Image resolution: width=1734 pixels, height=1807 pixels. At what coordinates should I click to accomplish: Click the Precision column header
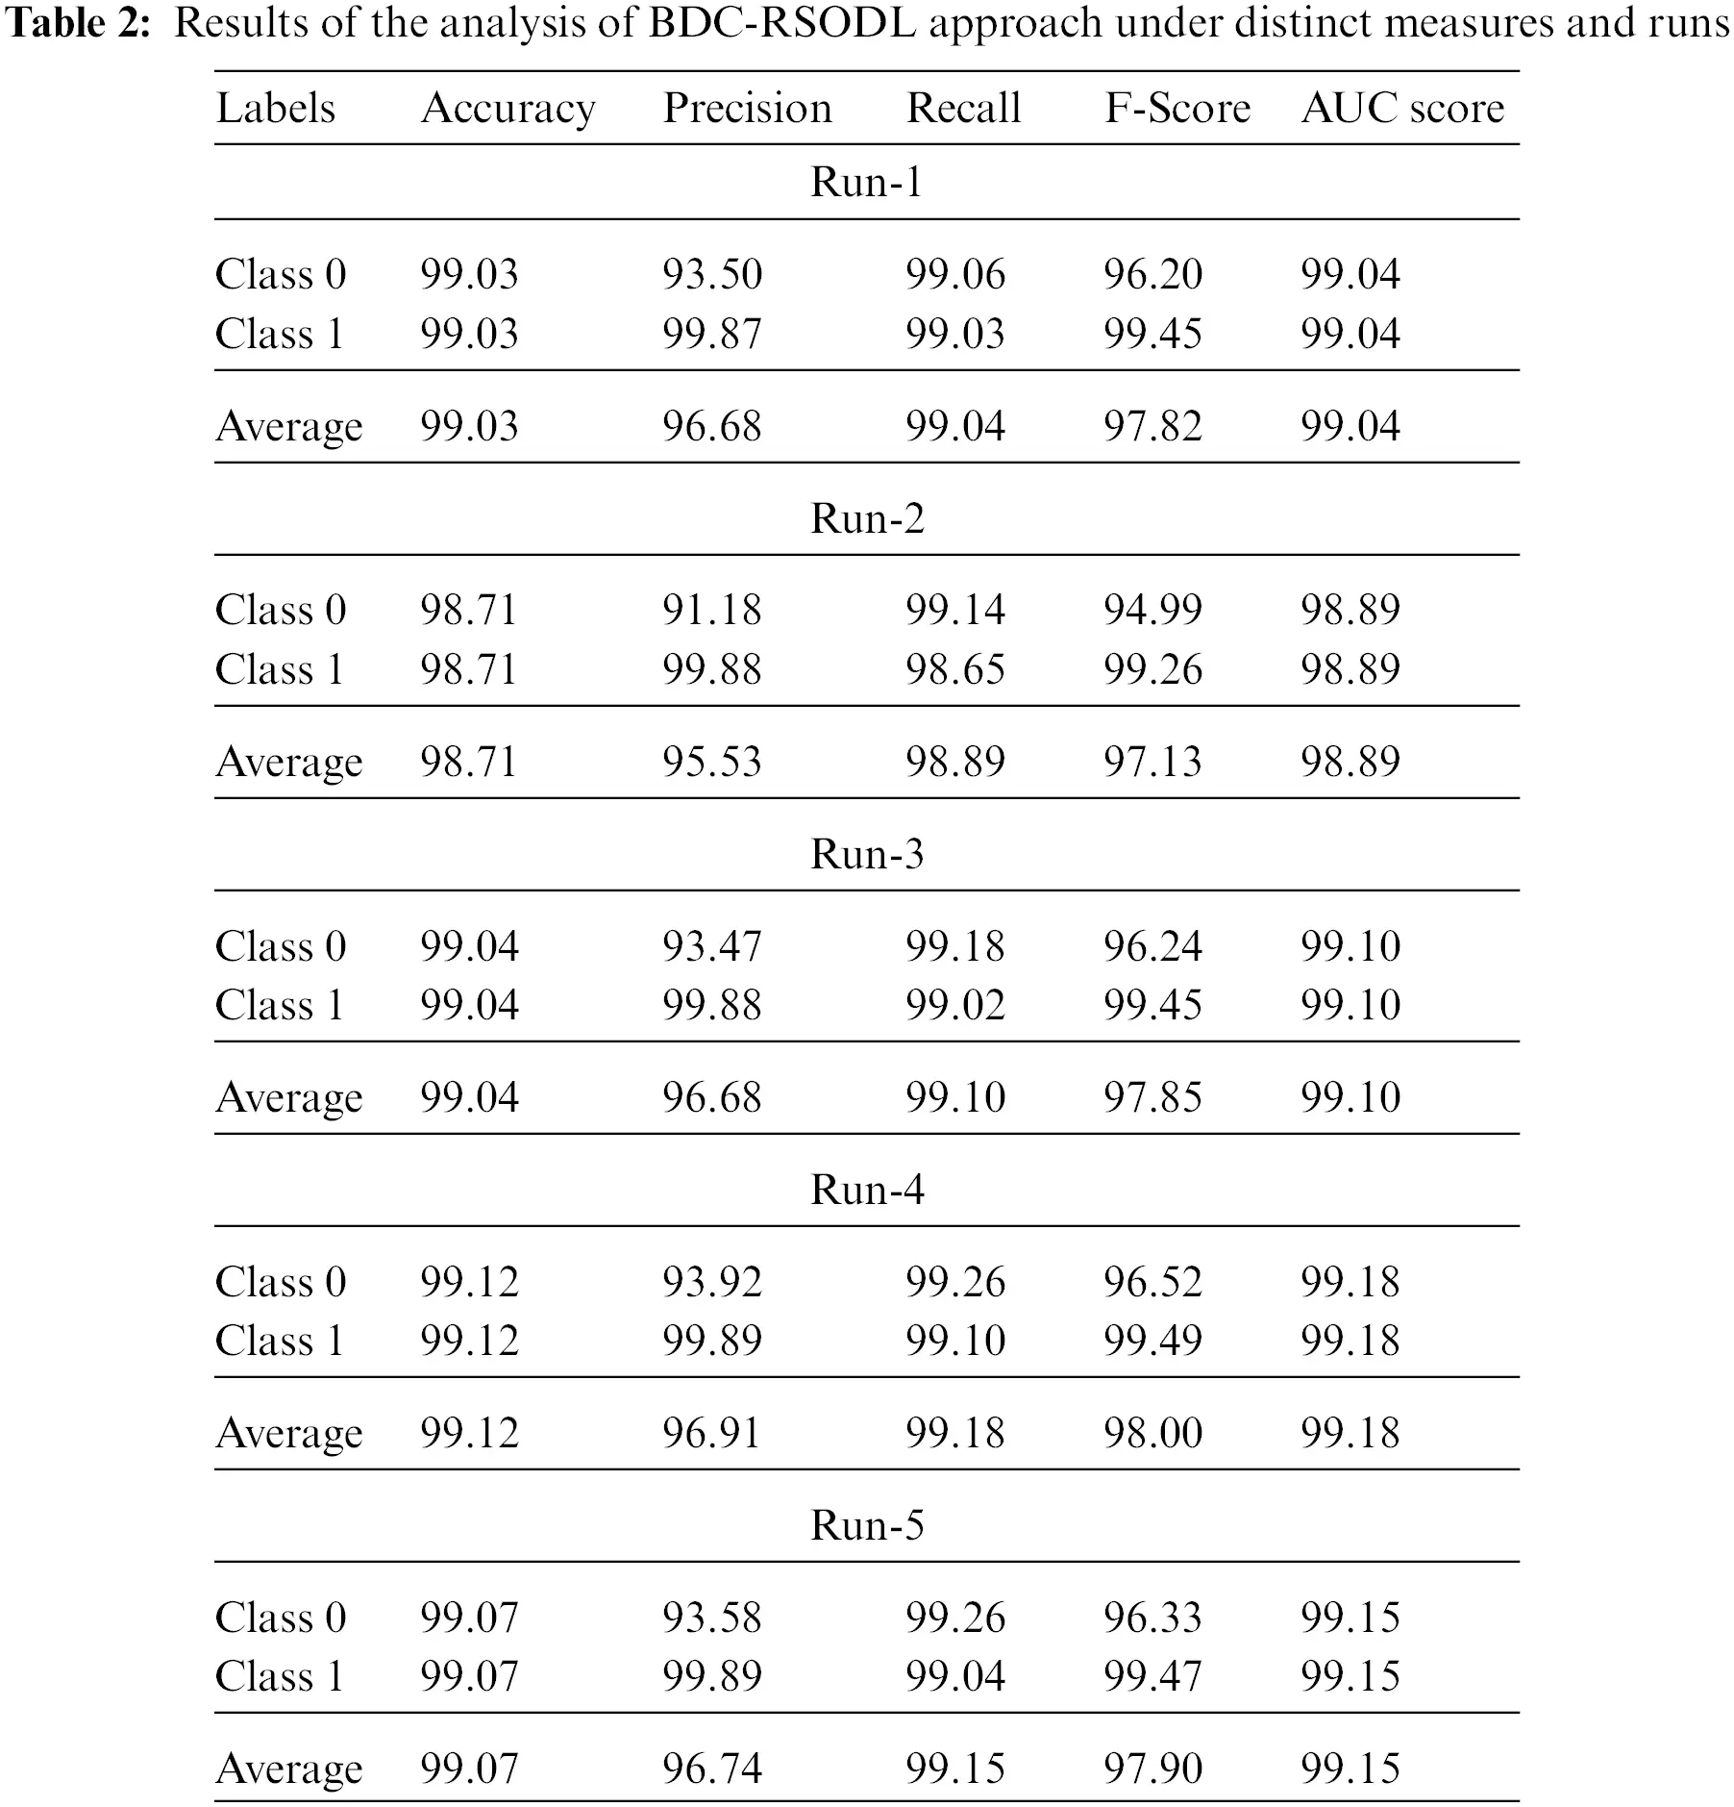(747, 108)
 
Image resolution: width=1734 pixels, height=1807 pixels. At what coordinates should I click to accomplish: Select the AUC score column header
(1402, 108)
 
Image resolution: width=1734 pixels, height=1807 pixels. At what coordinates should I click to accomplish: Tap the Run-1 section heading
(867, 182)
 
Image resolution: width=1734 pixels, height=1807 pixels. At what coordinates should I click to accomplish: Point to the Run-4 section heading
(867, 1190)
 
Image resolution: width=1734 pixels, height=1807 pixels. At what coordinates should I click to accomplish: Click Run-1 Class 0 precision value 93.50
(711, 274)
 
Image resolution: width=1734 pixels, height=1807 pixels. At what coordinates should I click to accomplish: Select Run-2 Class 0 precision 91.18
(711, 610)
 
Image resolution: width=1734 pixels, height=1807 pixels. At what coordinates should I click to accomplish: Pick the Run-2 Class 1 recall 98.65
(954, 669)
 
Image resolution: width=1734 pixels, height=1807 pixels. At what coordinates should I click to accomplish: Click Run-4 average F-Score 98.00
(1152, 1433)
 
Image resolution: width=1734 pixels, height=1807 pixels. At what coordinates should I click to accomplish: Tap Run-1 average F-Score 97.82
(1152, 425)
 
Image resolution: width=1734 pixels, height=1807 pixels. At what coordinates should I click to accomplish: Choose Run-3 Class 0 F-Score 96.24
(1152, 946)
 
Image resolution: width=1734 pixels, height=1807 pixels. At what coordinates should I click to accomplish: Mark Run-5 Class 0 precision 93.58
(711, 1618)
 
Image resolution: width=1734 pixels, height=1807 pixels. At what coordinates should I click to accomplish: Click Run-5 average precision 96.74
(711, 1768)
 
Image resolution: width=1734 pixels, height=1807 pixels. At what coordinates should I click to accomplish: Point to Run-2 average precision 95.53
(711, 762)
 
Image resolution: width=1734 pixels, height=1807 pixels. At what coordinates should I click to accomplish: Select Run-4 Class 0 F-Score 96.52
(1152, 1282)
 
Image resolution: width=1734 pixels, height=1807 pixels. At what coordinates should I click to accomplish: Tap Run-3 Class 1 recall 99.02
(954, 1005)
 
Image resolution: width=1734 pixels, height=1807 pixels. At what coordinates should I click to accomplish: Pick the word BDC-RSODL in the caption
(782, 23)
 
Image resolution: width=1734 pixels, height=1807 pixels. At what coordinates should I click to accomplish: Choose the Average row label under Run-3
(289, 1097)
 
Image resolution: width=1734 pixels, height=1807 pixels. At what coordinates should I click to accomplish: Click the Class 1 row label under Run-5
(280, 1676)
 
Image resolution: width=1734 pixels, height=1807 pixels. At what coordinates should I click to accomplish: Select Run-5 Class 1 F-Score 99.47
(1152, 1676)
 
